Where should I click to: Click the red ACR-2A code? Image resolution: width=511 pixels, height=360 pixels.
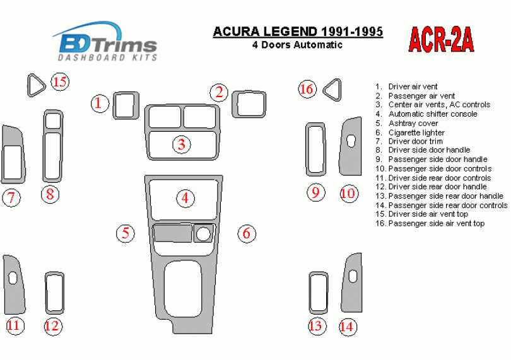pyautogui.click(x=441, y=40)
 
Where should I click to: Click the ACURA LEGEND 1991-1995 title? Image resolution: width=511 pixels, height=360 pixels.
pyautogui.click(x=298, y=32)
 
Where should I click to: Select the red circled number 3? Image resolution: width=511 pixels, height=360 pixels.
pyautogui.click(x=182, y=144)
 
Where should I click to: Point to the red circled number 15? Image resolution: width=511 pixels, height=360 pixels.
pyautogui.click(x=61, y=81)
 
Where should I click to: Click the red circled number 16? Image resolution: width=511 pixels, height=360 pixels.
pyautogui.click(x=307, y=89)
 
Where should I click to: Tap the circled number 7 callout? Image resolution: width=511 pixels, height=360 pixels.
pyautogui.click(x=11, y=197)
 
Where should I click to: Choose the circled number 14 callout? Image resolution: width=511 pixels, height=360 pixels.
pyautogui.click(x=348, y=326)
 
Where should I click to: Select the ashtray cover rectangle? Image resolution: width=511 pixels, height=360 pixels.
pyautogui.click(x=173, y=233)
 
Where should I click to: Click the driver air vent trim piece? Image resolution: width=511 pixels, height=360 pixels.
pyautogui.click(x=126, y=105)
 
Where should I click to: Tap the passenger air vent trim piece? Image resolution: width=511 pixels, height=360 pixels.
pyautogui.click(x=249, y=104)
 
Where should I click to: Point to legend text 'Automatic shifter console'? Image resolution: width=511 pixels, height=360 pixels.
pyautogui.click(x=433, y=114)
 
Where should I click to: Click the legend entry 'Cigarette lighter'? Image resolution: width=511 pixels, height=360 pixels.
pyautogui.click(x=416, y=132)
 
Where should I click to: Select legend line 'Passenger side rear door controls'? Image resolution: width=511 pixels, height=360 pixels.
pyautogui.click(x=447, y=206)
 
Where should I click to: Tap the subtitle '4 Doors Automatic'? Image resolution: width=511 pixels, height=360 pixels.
pyautogui.click(x=297, y=45)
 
